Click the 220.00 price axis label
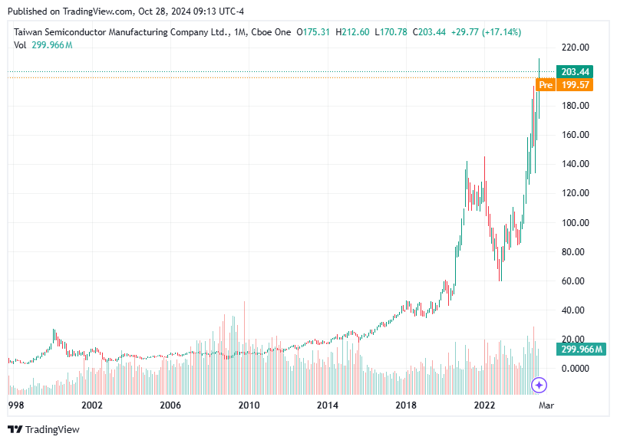click(574, 48)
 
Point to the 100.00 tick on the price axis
click(574, 223)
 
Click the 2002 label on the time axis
click(92, 405)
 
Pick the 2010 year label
click(248, 405)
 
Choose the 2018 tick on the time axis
click(406, 405)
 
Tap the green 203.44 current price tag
click(574, 72)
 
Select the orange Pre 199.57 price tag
click(565, 84)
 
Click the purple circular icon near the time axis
click(539, 385)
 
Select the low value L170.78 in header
click(391, 32)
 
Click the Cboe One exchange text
click(272, 32)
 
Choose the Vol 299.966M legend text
click(43, 45)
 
